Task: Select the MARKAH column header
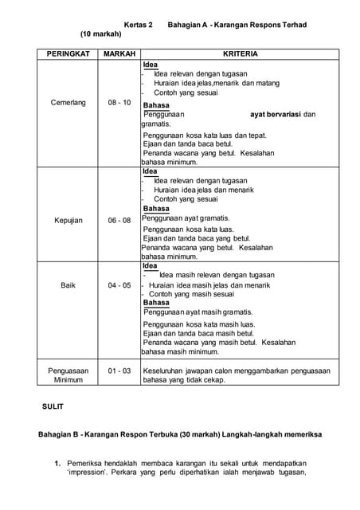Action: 119,53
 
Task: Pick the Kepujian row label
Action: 68,221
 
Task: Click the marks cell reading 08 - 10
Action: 119,104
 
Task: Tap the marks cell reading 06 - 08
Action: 119,221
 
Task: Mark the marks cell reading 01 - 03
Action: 119,371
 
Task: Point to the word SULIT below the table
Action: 53,407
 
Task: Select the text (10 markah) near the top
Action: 100,35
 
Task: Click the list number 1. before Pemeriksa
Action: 58,463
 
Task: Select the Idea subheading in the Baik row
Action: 150,265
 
